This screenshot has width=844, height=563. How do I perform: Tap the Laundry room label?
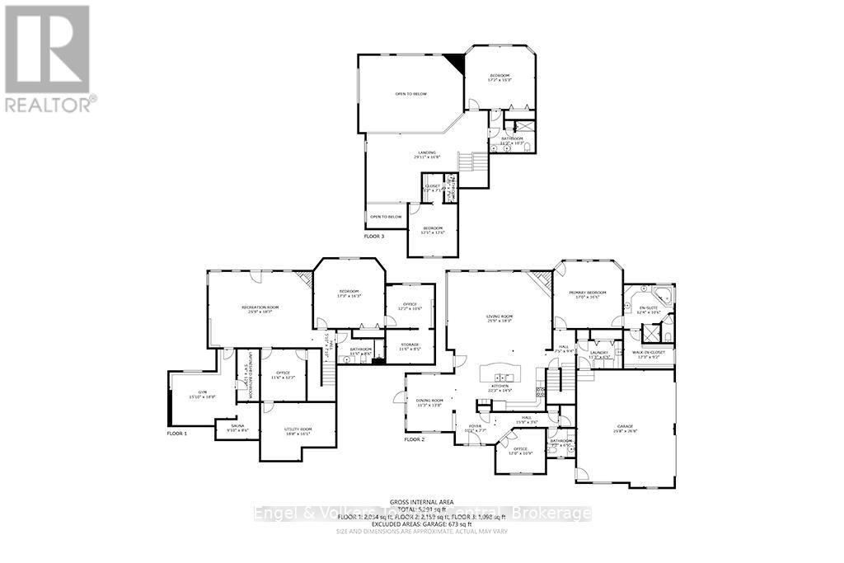point(598,354)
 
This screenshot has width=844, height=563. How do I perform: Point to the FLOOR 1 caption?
point(177,433)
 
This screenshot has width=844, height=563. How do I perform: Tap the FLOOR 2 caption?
point(415,439)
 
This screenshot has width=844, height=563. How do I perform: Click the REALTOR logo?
point(49,58)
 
